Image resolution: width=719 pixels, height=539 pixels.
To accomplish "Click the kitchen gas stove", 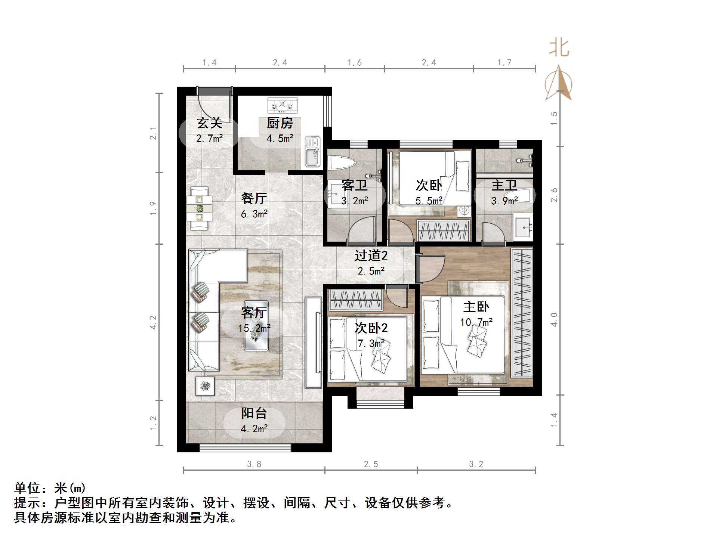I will click(x=283, y=106).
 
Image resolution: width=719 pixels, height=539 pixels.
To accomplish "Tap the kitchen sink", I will click(x=312, y=151).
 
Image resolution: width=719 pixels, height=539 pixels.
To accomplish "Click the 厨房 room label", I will click(x=280, y=123).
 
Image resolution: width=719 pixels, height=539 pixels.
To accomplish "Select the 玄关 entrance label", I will click(x=210, y=123).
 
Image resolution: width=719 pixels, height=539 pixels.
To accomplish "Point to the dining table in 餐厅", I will click(x=200, y=208).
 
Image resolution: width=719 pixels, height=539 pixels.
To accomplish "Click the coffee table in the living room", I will click(x=256, y=326).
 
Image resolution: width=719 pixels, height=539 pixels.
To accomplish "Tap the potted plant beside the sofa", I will click(x=205, y=386).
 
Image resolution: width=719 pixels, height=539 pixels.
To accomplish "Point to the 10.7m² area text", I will click(x=476, y=322).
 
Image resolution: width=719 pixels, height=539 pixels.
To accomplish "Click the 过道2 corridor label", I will click(x=371, y=255).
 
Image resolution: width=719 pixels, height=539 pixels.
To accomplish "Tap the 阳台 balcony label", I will click(x=254, y=413).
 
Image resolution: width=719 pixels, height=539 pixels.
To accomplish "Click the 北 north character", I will click(x=559, y=49).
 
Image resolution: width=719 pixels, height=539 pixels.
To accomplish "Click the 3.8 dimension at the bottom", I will click(x=254, y=464).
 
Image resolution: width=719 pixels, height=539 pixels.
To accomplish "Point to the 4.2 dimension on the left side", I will click(x=153, y=322).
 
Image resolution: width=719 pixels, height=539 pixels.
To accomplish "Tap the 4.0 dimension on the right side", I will click(x=554, y=319).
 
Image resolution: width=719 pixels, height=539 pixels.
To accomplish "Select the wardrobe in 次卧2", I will click(x=355, y=300).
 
